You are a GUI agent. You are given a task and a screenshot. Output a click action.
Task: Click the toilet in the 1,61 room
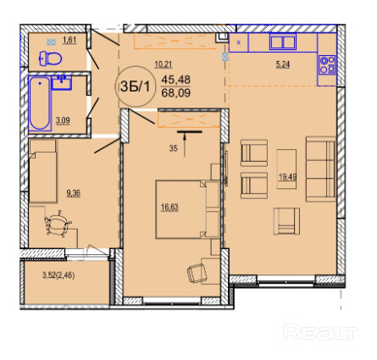[x=50, y=58]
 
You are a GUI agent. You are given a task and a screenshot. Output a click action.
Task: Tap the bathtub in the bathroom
[x=40, y=103]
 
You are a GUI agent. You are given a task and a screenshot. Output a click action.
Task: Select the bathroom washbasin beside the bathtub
[x=62, y=82]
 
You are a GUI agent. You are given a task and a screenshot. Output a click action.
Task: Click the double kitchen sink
[x=283, y=42]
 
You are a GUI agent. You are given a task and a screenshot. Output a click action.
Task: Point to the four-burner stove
[x=327, y=65]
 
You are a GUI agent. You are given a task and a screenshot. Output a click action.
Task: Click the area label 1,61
[x=69, y=40]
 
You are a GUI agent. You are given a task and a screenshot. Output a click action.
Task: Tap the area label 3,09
[x=63, y=121]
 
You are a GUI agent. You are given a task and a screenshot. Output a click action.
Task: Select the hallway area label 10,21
[x=164, y=64]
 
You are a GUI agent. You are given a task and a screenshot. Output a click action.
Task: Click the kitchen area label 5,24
[x=283, y=64]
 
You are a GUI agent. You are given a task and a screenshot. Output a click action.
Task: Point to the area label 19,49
[x=287, y=177]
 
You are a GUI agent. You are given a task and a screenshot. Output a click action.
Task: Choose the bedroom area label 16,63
[x=169, y=208]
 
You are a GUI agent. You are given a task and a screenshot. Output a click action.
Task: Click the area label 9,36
[x=74, y=193]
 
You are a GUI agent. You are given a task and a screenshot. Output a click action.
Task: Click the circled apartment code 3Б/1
[x=136, y=86]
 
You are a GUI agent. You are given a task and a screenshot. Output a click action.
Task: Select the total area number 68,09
[x=175, y=92]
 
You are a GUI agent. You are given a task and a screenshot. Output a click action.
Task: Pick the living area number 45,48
[x=175, y=80]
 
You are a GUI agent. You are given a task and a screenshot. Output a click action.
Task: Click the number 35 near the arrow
[x=174, y=148]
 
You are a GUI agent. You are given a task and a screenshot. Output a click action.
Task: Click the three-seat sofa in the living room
[x=321, y=169]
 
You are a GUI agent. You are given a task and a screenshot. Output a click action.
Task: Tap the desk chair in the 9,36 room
[x=58, y=223]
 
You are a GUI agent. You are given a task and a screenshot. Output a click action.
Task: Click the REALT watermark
[x=320, y=332]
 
